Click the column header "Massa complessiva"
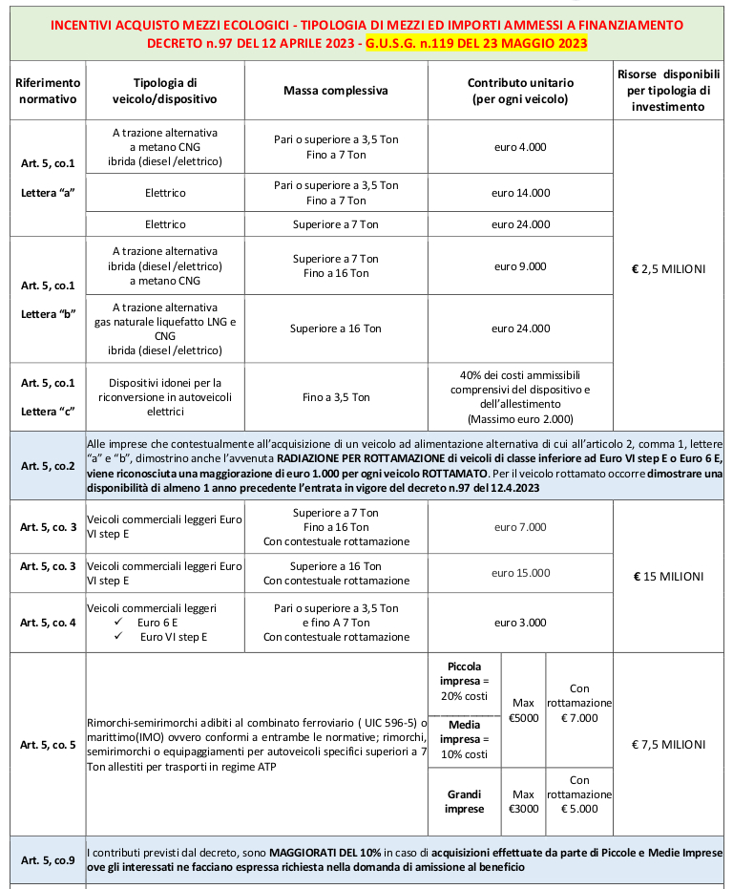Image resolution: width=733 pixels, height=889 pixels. [x=335, y=91]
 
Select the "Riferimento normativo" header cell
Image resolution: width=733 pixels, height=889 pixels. [x=48, y=91]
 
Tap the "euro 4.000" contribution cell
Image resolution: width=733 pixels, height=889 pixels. [x=520, y=147]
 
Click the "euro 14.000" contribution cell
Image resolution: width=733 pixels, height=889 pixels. [x=520, y=193]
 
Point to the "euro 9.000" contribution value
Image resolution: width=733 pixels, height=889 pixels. [x=520, y=266]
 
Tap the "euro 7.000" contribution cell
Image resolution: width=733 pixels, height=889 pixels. [x=520, y=527]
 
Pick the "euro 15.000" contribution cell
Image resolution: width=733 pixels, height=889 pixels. [x=520, y=573]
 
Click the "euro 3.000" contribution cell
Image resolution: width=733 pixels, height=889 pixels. [x=520, y=623]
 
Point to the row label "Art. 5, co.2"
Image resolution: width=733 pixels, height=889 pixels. [x=48, y=466]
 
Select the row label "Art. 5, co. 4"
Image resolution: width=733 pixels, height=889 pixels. [x=48, y=623]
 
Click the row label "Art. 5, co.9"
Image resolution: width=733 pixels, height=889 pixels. [x=48, y=859]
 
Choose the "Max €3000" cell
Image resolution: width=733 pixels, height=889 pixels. [x=523, y=801]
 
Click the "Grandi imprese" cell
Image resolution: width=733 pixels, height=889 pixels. [x=464, y=801]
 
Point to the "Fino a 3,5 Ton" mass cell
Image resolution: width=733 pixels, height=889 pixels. [x=335, y=397]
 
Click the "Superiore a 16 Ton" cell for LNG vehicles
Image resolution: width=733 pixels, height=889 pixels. [x=335, y=328]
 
